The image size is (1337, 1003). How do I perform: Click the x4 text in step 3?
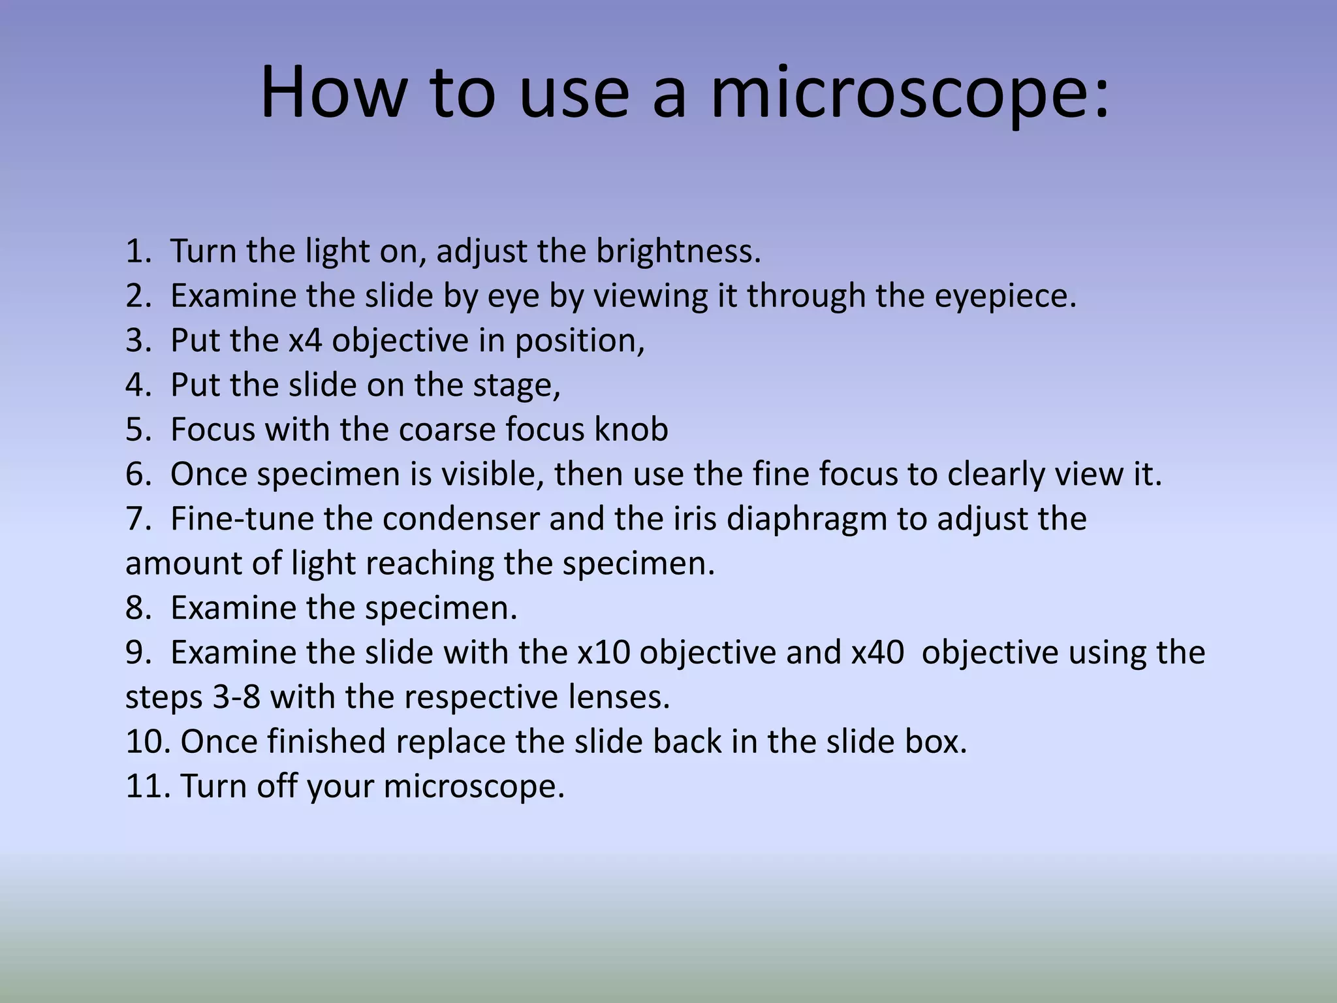tap(305, 341)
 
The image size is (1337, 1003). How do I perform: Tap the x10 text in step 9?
tap(603, 653)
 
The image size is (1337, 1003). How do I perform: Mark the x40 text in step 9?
tap(877, 653)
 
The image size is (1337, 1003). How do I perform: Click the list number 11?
tap(147, 786)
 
